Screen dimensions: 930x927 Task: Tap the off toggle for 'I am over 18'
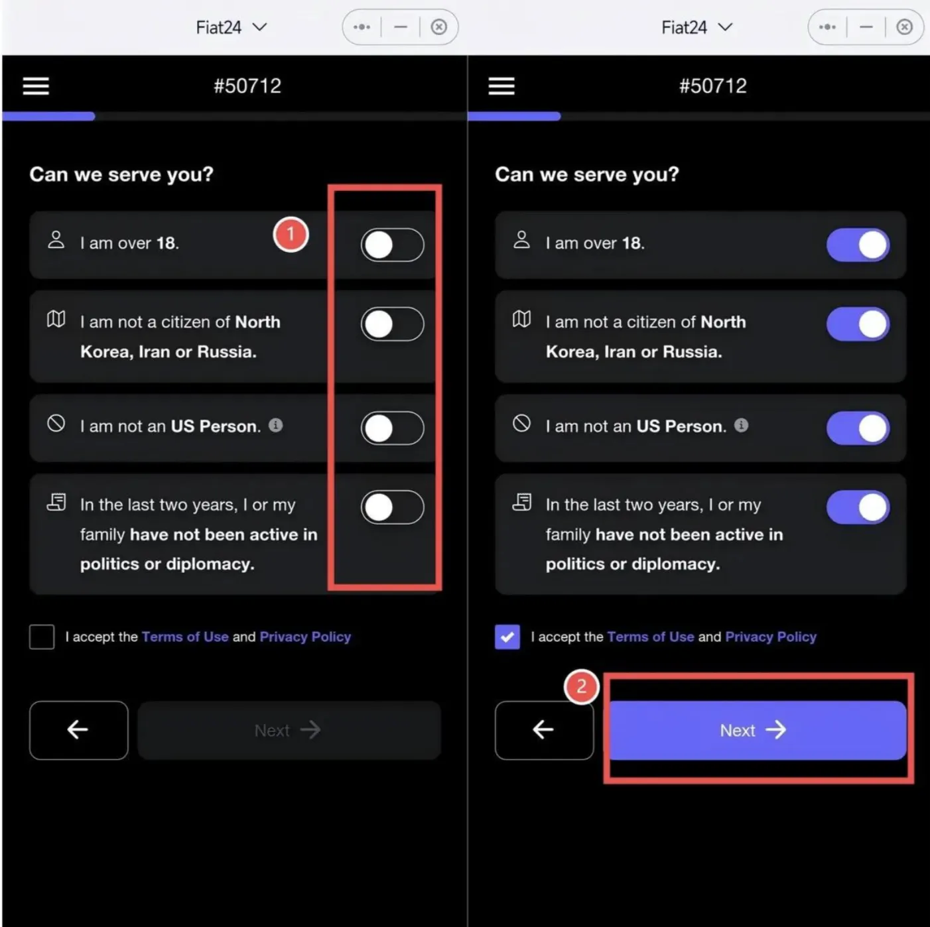(392, 245)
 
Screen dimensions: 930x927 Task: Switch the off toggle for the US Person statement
(392, 428)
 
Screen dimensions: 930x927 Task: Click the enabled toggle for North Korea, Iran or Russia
(858, 324)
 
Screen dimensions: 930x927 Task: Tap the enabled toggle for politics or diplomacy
(858, 507)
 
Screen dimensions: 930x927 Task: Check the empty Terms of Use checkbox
(42, 637)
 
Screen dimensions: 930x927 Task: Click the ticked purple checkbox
(507, 637)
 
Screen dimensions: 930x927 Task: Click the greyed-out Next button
(289, 730)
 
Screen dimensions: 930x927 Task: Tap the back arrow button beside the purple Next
(544, 730)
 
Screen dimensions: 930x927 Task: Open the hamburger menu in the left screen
(36, 86)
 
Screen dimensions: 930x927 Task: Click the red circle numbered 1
(291, 235)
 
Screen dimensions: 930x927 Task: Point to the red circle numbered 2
(582, 687)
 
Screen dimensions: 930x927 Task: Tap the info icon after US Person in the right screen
(741, 425)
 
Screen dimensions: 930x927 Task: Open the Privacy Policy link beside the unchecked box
(305, 637)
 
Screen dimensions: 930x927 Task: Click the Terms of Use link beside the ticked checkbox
(651, 637)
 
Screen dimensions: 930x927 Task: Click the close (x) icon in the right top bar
(904, 27)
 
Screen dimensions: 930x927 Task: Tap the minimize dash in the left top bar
(400, 27)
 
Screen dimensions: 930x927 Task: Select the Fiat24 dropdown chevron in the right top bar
(725, 27)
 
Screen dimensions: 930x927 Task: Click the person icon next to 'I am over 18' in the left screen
(56, 239)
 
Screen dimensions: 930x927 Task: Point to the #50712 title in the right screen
(713, 86)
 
